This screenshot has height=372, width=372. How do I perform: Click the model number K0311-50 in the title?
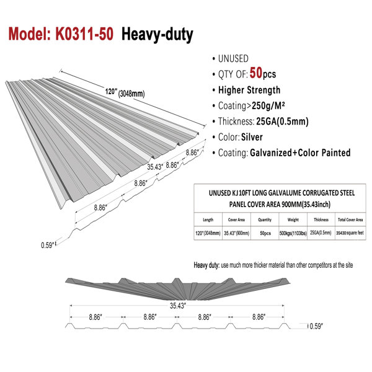(x=84, y=34)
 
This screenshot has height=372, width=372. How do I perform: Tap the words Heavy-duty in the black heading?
(x=157, y=35)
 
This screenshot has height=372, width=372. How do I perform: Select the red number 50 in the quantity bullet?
(x=256, y=73)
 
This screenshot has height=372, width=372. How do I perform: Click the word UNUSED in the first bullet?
(x=233, y=59)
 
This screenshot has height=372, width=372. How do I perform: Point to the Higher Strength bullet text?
(x=249, y=90)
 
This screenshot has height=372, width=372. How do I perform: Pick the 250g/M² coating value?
(x=268, y=106)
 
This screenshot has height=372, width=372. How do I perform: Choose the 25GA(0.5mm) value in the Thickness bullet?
(x=282, y=122)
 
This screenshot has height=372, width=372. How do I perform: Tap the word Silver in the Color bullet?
(x=252, y=137)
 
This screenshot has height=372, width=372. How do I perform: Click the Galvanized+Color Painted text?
(x=300, y=153)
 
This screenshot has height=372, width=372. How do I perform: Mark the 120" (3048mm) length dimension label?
(x=125, y=92)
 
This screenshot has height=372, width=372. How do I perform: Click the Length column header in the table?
(x=208, y=220)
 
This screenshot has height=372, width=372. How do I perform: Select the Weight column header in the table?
(x=293, y=220)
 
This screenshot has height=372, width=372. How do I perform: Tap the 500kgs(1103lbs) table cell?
(x=293, y=233)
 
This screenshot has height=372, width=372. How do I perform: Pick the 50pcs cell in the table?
(x=265, y=233)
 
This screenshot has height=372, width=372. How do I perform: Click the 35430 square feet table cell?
(x=350, y=233)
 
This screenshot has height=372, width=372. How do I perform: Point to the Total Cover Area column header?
(x=350, y=219)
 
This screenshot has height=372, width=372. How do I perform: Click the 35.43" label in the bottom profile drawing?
(x=178, y=306)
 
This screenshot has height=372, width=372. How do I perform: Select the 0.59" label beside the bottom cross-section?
(x=316, y=326)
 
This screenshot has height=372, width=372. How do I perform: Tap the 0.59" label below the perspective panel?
(x=48, y=245)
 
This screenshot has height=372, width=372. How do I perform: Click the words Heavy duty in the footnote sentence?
(x=206, y=265)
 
